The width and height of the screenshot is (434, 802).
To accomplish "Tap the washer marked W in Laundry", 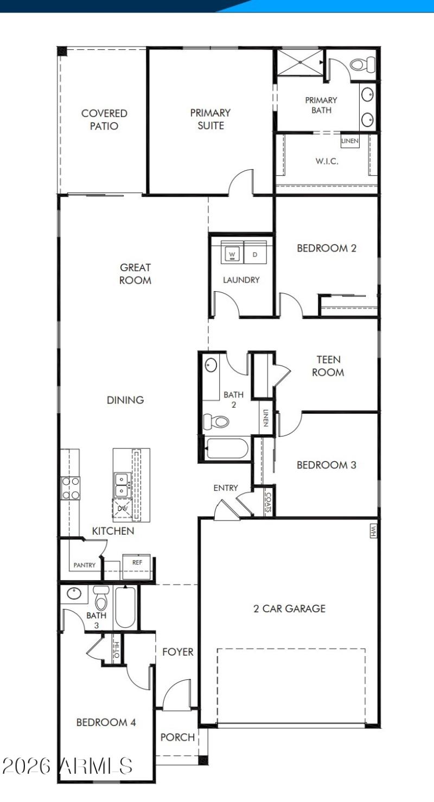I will point(232,254).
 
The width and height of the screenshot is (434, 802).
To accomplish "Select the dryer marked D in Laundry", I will point(255,254).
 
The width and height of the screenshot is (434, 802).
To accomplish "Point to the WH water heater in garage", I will point(373,531).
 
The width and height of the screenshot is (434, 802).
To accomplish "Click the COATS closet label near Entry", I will point(269,501).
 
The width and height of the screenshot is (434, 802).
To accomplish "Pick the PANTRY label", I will point(85,565).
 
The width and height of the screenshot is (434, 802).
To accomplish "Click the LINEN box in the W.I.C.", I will point(349,141).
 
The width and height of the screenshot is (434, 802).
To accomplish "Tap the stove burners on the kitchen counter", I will point(71,487).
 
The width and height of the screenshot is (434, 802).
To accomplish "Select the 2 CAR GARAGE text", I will point(290,608).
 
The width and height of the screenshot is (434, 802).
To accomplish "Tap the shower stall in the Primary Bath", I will point(300,64).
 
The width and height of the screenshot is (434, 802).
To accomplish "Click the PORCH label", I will point(177,737).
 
